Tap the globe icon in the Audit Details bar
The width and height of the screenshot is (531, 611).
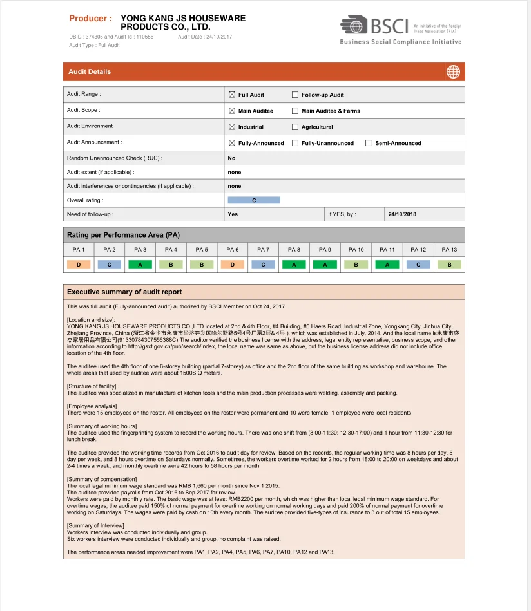(x=453, y=72)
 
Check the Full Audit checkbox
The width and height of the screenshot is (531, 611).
(x=232, y=95)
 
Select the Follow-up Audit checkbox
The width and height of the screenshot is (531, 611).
(x=295, y=95)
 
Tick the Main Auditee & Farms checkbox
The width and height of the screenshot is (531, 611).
(x=295, y=111)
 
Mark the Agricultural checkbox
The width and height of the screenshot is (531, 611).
(x=295, y=127)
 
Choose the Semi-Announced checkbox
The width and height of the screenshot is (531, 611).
(x=369, y=143)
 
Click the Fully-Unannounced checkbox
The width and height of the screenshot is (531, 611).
(x=295, y=143)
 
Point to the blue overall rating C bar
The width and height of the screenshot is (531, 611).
(x=254, y=200)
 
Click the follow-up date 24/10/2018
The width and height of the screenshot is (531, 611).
(x=402, y=214)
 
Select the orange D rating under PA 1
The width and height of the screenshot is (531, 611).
(x=79, y=265)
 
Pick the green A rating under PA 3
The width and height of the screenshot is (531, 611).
(x=140, y=265)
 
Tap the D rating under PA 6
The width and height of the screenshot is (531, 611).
(x=233, y=265)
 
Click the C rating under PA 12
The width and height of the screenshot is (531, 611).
(x=418, y=265)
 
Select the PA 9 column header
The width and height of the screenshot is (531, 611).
(x=325, y=250)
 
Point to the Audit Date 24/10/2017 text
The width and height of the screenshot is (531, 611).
(x=205, y=37)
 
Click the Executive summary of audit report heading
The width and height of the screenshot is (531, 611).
(x=124, y=292)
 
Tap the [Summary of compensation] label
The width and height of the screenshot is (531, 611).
(x=102, y=479)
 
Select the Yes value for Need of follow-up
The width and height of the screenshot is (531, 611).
(x=233, y=214)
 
